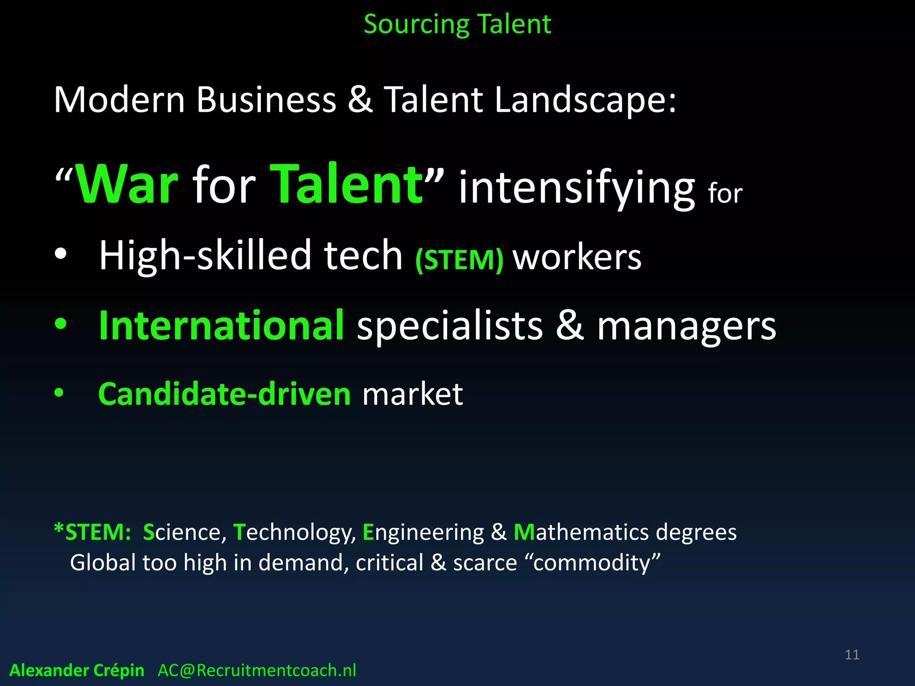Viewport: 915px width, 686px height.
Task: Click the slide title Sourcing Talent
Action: pos(457,24)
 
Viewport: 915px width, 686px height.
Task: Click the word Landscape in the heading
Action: pos(585,100)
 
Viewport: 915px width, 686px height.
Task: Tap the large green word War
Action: pos(127,184)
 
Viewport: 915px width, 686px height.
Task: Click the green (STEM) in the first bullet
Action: pos(459,259)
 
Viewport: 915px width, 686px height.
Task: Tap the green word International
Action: pos(221,326)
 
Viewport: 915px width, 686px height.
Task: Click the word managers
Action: pos(687,327)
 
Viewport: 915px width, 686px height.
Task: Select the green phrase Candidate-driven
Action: pos(224,394)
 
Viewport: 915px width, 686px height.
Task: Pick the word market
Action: pos(412,394)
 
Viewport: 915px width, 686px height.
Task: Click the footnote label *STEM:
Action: pos(92,532)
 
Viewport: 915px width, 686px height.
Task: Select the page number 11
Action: pos(852,655)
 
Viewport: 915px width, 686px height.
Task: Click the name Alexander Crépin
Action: pos(77,670)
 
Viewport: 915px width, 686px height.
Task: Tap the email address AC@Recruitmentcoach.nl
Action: pos(257,670)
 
